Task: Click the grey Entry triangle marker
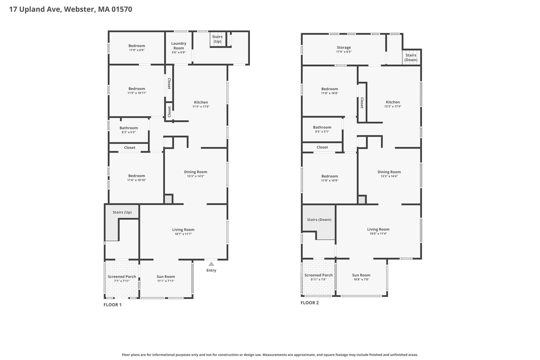tap(211, 264)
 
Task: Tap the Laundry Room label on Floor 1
tap(179, 46)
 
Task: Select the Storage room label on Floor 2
tap(344, 47)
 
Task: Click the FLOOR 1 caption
tap(112, 305)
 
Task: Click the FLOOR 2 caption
tap(310, 303)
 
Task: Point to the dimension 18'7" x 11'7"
tap(183, 234)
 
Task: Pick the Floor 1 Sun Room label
tap(166, 277)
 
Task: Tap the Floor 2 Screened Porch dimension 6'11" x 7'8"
tap(319, 279)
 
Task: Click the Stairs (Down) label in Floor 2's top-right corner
tap(411, 57)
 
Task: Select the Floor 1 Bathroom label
tap(129, 128)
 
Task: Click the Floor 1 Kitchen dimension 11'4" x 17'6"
tap(201, 107)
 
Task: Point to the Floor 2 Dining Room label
tap(389, 172)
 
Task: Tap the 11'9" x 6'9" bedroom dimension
tap(137, 50)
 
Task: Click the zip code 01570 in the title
tap(122, 9)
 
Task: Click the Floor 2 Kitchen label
tap(393, 102)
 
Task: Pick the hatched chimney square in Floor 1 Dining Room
tap(168, 199)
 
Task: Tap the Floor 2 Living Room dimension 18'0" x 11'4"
tap(378, 233)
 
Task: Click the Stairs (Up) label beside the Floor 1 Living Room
tap(122, 212)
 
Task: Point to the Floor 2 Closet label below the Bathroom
tap(322, 147)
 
